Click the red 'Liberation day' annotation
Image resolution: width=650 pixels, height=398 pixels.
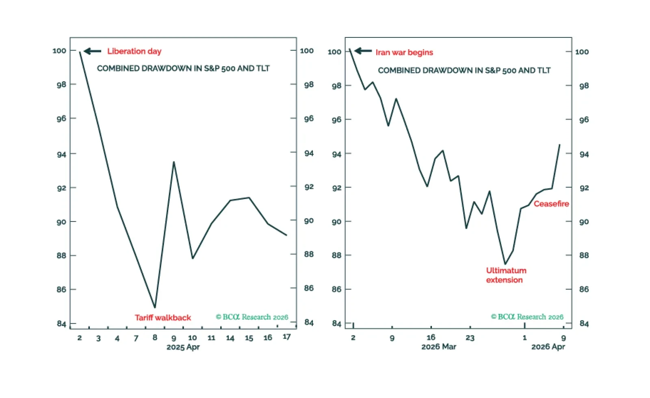pos(134,51)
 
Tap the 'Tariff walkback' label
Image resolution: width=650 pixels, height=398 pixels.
pos(162,318)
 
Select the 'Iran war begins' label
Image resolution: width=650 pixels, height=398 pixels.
pos(404,52)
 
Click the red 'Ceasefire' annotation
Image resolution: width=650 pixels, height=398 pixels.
pos(551,204)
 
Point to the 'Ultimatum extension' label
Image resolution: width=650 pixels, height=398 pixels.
pos(506,275)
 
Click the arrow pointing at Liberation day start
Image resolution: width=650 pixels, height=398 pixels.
pos(93,51)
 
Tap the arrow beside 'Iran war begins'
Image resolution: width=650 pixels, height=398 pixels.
pos(363,51)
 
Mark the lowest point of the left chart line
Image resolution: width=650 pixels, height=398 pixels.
pos(155,307)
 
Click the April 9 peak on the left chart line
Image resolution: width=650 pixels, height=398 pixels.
pos(174,162)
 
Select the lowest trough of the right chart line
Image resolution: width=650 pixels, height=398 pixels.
pos(505,264)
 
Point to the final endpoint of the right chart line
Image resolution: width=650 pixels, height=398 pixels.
pos(559,145)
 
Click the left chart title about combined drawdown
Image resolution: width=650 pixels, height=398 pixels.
pos(183,68)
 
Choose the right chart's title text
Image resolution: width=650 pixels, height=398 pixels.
pos(464,70)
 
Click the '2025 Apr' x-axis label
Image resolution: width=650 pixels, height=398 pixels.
pos(183,347)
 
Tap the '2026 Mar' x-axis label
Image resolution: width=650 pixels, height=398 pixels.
pos(438,347)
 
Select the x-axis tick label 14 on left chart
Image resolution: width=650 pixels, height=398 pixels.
pos(230,338)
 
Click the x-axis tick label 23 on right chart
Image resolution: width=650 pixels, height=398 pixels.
pos(470,338)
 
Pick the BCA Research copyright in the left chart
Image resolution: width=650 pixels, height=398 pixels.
pos(252,317)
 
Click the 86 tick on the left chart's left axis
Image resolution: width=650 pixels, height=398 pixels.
pos(61,289)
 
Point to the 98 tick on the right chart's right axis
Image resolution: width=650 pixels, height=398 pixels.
pos(584,86)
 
